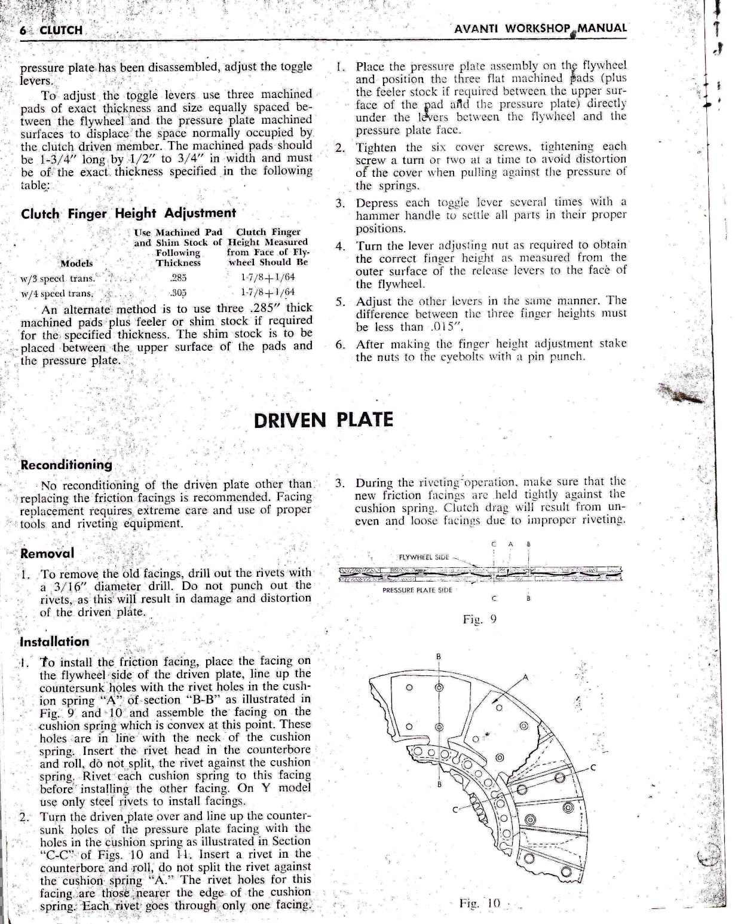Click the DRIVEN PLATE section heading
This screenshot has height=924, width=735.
tap(323, 420)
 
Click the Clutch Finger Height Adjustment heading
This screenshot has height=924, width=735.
tap(128, 213)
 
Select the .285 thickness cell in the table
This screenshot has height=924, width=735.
tap(178, 278)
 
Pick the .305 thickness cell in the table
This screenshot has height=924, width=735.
tap(178, 292)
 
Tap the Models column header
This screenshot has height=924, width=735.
tap(76, 263)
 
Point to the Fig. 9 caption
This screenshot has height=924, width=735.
tap(480, 619)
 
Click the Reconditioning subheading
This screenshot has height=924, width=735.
tap(66, 464)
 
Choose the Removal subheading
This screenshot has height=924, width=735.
tap(47, 553)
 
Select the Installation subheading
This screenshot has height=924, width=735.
tap(54, 642)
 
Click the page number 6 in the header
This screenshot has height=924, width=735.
tap(24, 30)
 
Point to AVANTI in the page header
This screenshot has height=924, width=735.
tap(477, 28)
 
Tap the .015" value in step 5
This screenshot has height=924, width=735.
tap(444, 327)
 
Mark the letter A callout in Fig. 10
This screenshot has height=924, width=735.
tap(525, 677)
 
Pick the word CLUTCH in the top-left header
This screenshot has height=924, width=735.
tap(60, 30)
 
